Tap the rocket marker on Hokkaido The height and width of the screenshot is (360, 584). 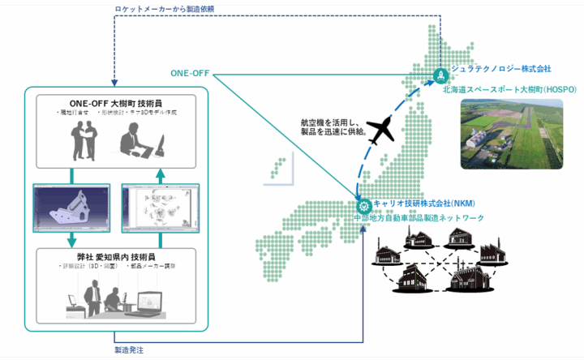439,75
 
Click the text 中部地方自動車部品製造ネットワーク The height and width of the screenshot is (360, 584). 428,218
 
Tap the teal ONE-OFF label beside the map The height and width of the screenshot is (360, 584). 191,74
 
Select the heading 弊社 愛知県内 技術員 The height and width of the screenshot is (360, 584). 117,256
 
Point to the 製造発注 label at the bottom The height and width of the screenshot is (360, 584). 130,350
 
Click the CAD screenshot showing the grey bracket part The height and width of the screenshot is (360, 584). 72,206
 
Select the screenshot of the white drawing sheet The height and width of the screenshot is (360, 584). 160,206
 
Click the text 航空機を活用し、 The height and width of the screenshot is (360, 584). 320,122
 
